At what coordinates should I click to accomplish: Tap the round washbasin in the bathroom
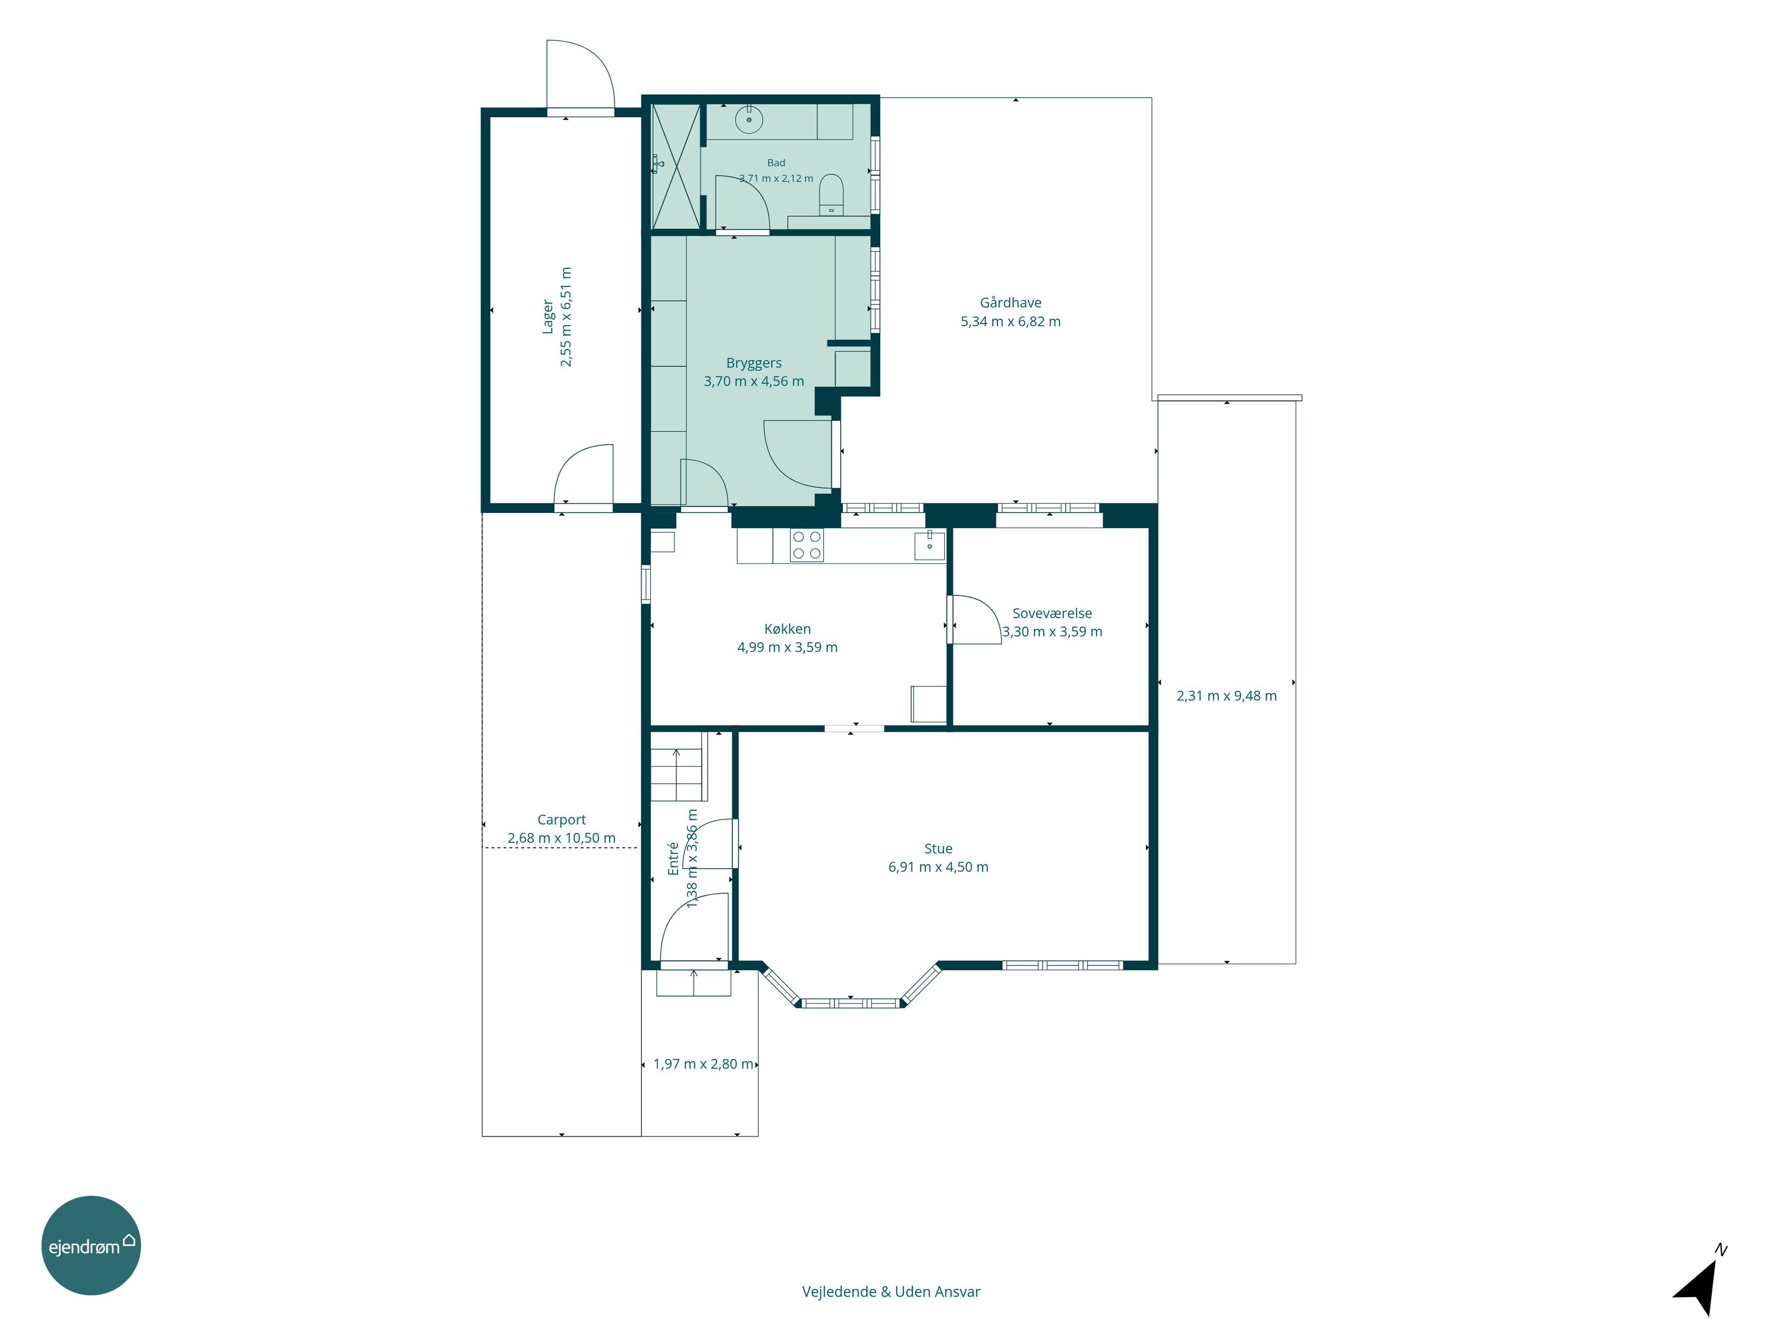pos(749,120)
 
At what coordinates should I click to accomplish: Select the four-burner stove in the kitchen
pos(807,545)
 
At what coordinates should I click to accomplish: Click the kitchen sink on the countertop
pos(930,545)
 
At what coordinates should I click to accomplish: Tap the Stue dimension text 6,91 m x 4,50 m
pos(938,867)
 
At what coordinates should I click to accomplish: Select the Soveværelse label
pos(1052,613)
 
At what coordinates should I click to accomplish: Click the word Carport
pos(561,819)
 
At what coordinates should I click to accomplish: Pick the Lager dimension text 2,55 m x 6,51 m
pos(566,317)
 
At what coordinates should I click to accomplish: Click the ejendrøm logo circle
pos(91,1245)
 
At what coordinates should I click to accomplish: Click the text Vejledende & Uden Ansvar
pos(891,1292)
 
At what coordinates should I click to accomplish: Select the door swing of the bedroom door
pos(977,620)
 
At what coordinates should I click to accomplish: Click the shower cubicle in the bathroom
pos(676,165)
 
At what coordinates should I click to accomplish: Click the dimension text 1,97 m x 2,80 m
pos(704,1064)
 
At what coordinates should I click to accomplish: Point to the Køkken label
pos(787,629)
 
